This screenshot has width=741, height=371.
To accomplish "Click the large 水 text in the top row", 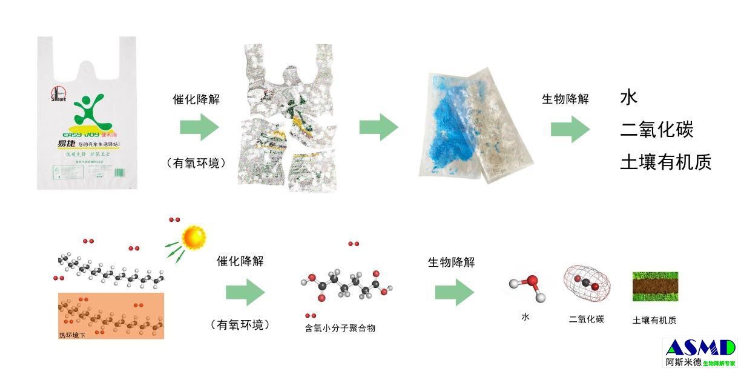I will click(630, 98).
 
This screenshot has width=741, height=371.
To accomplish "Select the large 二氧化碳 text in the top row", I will click(657, 130).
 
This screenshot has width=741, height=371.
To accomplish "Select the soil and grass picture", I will click(656, 287).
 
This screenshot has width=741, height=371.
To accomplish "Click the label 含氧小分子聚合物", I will click(340, 328).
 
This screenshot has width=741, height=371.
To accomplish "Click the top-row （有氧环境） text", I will click(196, 163).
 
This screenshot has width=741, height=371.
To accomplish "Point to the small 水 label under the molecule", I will click(525, 316).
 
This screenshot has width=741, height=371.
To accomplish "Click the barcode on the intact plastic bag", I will click(119, 172).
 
